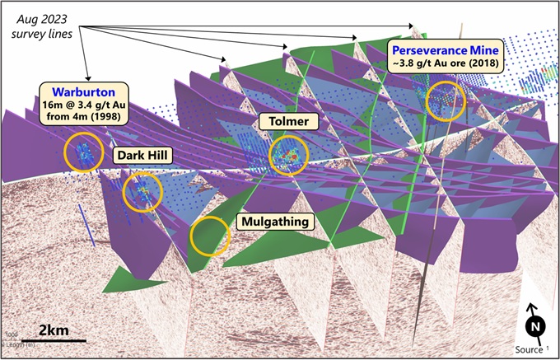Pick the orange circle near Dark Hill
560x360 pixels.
coord(142,192)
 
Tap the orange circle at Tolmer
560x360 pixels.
coord(287,153)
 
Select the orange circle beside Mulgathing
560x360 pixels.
coord(211,236)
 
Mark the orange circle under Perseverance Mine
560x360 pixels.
coord(445,99)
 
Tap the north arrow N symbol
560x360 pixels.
coord(534,325)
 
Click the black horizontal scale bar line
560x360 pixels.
coord(54,339)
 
